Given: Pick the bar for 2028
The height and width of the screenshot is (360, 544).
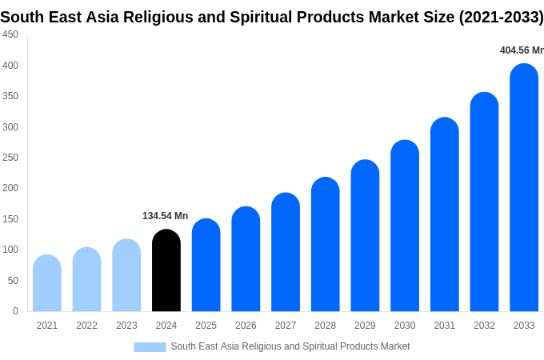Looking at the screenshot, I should coord(326,245).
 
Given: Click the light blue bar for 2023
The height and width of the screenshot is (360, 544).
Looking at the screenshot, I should coord(126,275).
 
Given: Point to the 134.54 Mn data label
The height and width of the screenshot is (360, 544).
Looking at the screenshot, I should coord(165,216).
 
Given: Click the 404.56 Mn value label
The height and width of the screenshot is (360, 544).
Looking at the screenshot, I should coord(521,50).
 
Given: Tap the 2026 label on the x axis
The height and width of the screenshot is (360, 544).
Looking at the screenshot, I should coord(246,326).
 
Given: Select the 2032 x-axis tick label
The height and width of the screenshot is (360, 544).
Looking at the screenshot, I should coord(484,326).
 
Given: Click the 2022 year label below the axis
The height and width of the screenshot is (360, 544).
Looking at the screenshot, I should coord(86,326).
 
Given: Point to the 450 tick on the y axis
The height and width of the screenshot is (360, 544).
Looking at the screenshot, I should coord(10,34).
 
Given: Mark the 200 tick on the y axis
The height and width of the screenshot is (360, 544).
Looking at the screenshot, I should coord(10,188).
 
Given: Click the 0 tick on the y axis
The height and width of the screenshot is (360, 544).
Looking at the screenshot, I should coord(15,311).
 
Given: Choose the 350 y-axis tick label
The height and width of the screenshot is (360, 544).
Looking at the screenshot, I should coord(10,96).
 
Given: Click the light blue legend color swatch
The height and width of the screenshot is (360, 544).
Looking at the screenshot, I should coord(150,347).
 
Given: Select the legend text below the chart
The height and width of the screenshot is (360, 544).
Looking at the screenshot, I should coord(290,346).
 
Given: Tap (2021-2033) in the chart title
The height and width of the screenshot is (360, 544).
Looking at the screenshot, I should coord(501,17).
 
